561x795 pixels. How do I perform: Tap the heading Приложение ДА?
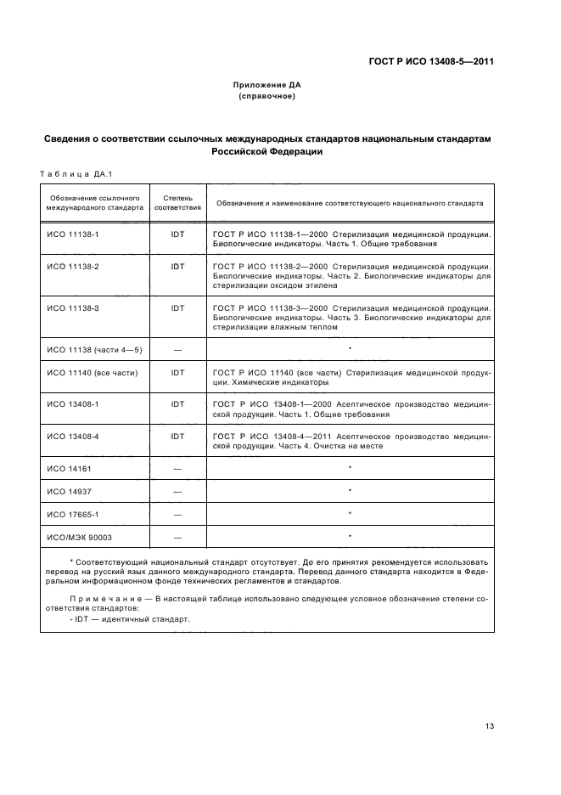point(266,86)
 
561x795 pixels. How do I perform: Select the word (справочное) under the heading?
point(266,97)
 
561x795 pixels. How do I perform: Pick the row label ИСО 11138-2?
point(73,267)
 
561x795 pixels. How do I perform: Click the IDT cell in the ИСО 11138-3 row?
point(177,307)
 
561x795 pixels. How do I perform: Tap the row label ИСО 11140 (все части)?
point(87,372)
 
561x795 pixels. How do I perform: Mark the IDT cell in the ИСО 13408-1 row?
point(177,404)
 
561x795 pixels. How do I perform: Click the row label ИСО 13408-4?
point(73,437)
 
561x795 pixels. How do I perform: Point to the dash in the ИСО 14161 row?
point(177,469)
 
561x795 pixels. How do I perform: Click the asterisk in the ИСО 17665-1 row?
point(350,514)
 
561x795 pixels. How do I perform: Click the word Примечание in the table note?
point(99,600)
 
